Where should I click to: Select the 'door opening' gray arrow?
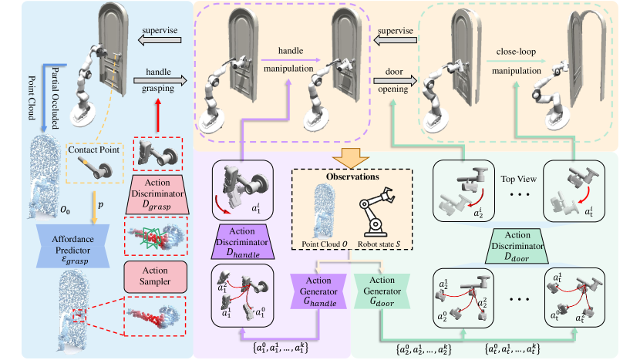396,79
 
